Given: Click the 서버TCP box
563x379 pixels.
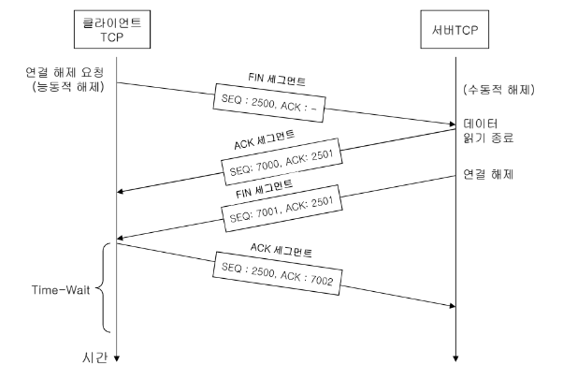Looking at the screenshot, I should pos(455,30).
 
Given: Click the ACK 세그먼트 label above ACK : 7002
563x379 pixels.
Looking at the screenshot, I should pos(281,251).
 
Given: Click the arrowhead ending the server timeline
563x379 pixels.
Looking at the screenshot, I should pos(455,357).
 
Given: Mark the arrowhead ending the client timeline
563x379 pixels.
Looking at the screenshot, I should pos(116,357).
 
